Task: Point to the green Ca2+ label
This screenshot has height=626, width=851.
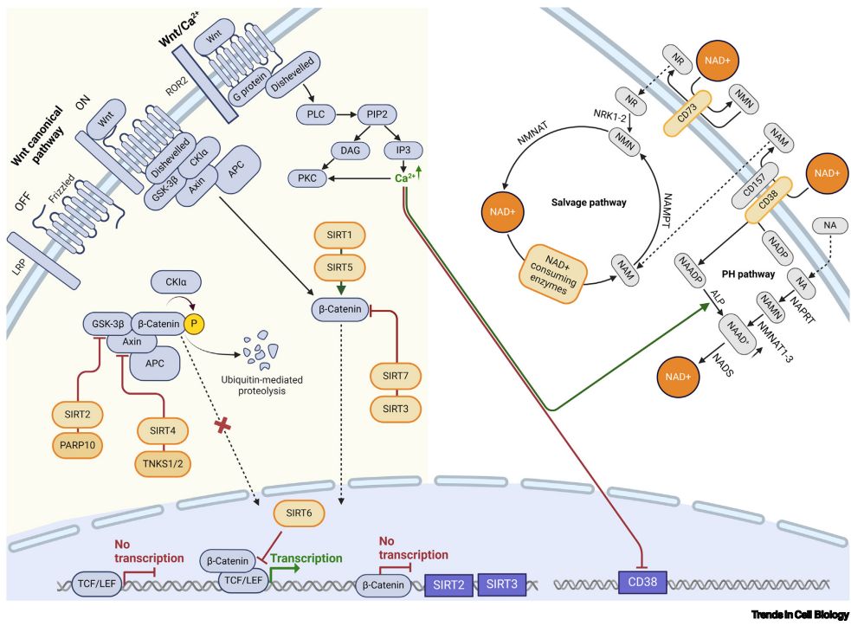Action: [x=403, y=180]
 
